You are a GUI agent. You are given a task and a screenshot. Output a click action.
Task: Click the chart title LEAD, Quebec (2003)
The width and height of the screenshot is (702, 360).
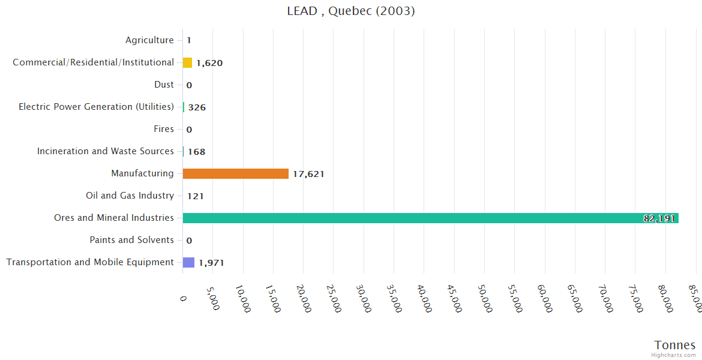click(x=351, y=11)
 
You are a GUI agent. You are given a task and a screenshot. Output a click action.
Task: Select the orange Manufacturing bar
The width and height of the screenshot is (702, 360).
click(x=236, y=173)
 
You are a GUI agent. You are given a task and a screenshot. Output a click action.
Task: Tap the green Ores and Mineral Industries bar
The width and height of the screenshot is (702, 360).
click(x=430, y=218)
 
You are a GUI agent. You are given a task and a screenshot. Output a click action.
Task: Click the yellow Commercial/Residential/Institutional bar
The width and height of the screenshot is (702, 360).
click(x=187, y=62)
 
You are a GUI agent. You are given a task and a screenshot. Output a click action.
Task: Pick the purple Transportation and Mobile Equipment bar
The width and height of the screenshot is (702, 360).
click(x=188, y=262)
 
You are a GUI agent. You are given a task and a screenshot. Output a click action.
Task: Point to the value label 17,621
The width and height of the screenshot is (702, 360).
click(x=308, y=174)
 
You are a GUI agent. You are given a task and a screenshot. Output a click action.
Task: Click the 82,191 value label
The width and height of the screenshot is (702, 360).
click(x=659, y=218)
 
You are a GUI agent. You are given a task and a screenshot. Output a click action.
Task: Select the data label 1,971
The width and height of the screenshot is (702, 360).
click(x=211, y=263)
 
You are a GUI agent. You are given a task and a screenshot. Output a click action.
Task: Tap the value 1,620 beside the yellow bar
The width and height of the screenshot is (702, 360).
click(x=209, y=63)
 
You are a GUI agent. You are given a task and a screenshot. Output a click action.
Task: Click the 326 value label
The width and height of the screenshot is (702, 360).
click(x=197, y=107)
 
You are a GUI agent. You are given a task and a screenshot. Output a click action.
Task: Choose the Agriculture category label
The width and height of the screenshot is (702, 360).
click(x=149, y=40)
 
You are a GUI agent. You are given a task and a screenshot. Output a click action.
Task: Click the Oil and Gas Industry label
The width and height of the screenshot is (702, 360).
click(x=130, y=196)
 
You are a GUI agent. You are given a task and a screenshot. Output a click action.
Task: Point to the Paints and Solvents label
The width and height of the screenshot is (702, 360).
click(x=132, y=240)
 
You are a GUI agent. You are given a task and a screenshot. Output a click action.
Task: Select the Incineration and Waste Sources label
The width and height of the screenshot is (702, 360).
click(x=106, y=151)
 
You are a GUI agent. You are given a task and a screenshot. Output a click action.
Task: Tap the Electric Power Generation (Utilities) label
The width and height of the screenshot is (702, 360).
click(x=96, y=107)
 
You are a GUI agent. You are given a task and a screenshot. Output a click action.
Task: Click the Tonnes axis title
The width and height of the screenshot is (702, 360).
click(x=675, y=345)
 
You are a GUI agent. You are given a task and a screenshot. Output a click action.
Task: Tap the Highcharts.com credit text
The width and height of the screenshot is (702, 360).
click(x=674, y=355)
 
